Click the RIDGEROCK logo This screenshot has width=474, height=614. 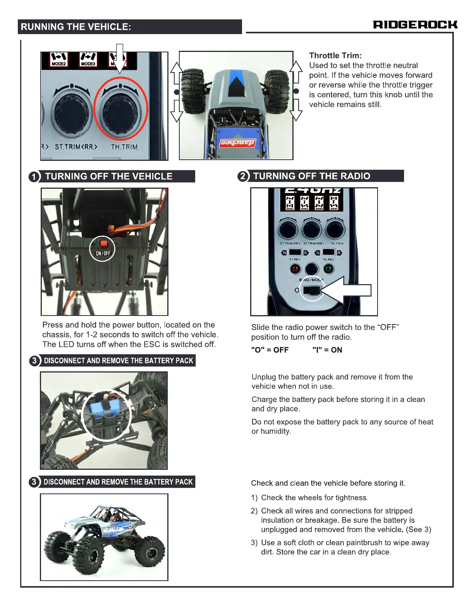(415, 25)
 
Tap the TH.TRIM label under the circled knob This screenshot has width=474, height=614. (124, 147)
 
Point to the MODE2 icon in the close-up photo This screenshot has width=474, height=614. (59, 60)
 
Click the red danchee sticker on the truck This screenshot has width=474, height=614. (238, 143)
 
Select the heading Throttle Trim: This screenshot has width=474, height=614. (335, 55)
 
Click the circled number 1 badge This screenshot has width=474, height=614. (34, 177)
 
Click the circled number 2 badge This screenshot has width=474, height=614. (243, 176)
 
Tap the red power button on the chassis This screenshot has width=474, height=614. (103, 244)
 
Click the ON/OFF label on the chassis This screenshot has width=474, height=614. (103, 253)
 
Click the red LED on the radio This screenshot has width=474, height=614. (295, 268)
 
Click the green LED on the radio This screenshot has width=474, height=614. (328, 268)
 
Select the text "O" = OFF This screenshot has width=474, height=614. (270, 350)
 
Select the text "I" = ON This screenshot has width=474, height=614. (327, 350)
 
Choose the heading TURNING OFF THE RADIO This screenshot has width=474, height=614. (311, 176)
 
